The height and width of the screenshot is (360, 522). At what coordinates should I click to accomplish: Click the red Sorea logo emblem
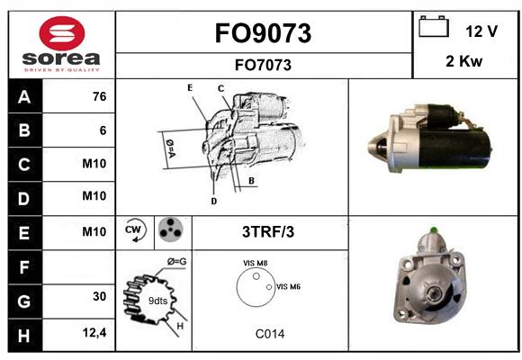pos(62,33)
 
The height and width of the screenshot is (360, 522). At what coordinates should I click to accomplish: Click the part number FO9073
pos(263,33)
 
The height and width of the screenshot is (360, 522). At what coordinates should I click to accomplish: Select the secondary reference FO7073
pos(263,65)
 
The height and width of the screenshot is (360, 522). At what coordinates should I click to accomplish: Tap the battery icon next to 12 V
pos(434,26)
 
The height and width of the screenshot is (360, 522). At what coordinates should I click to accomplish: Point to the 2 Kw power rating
pos(463,61)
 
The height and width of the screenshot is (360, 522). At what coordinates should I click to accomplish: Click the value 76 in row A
pos(100,96)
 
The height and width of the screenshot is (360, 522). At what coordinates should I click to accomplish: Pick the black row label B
pos(25,130)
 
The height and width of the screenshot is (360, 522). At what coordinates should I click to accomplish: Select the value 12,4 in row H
pos(94,332)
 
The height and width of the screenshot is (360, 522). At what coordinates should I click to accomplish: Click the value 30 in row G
pos(100,296)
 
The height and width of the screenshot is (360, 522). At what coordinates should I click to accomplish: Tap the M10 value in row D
pos(94,196)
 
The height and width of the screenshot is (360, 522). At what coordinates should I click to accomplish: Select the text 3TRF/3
pos(268,232)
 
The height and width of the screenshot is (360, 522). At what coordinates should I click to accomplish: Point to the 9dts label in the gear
pos(157,301)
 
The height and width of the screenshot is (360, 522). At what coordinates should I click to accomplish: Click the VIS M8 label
pos(256,263)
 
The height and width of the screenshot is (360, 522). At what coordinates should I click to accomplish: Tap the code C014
pos(270,334)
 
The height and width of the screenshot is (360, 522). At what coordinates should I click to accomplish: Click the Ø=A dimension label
pos(170,148)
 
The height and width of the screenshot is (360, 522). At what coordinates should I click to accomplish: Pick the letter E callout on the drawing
pos(190,87)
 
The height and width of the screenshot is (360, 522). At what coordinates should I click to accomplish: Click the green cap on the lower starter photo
pos(434,229)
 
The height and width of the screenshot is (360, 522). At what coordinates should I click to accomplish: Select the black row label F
pos(25,267)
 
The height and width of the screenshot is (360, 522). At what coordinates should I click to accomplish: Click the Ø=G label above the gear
pos(176,262)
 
